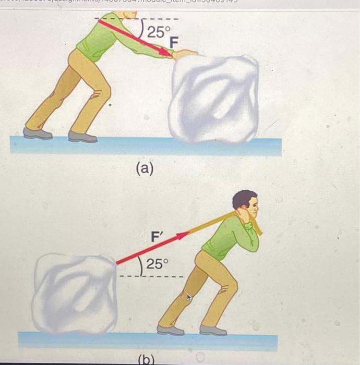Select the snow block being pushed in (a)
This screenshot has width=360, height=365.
click(215, 99)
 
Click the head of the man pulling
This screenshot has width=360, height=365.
click(245, 205)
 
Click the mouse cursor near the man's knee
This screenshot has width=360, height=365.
click(189, 298)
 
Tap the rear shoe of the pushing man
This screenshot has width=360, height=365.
click(38, 133)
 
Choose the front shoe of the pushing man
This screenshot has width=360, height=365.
click(82, 137)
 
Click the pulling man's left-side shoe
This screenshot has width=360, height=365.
click(170, 330)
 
